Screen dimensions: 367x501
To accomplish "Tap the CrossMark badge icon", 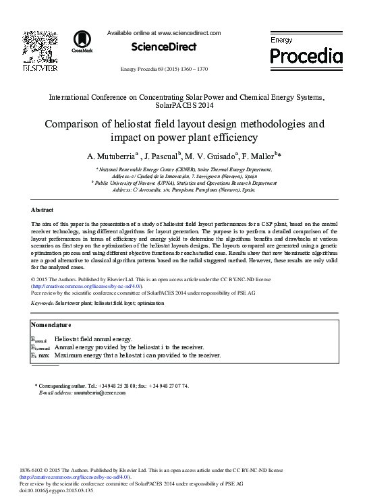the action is [x=82, y=41].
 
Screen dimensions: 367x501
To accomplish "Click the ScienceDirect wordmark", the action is [x=164, y=47].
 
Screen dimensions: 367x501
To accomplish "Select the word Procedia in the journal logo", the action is [x=306, y=55].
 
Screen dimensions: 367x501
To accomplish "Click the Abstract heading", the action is [x=43, y=210].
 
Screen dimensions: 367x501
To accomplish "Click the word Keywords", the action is [x=43, y=304].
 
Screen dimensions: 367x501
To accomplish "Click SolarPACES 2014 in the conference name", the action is [x=183, y=107].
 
